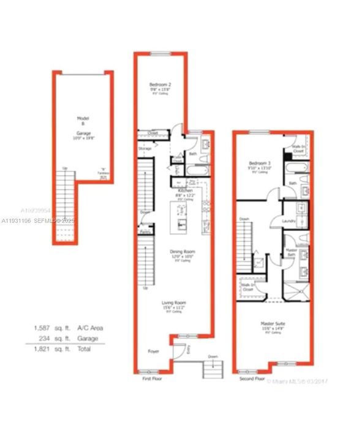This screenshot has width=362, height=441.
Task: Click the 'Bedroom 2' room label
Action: pyautogui.click(x=160, y=84)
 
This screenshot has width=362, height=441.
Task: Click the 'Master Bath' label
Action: pyautogui.click(x=292, y=252)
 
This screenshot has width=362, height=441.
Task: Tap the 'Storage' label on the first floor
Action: pyautogui.click(x=145, y=148)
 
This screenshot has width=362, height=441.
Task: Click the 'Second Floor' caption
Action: pyautogui.click(x=252, y=379)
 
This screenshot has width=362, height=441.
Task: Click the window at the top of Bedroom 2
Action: pyautogui.click(x=160, y=55)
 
